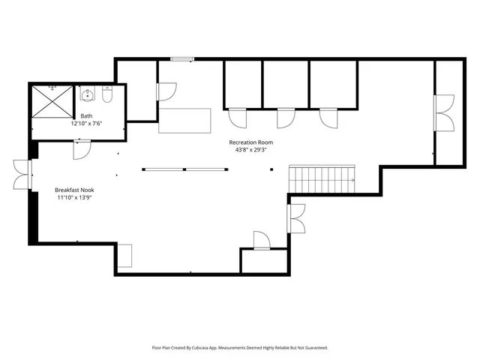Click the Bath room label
(x=87, y=116)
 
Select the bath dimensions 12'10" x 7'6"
(x=87, y=124)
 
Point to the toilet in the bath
(x=107, y=96)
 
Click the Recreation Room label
(x=250, y=142)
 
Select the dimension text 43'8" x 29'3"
(x=250, y=149)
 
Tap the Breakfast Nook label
(x=73, y=190)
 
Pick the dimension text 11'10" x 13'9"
(x=73, y=198)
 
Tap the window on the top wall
(x=181, y=59)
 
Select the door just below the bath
(x=81, y=149)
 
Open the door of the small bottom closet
(x=261, y=241)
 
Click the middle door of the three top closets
(x=286, y=118)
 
